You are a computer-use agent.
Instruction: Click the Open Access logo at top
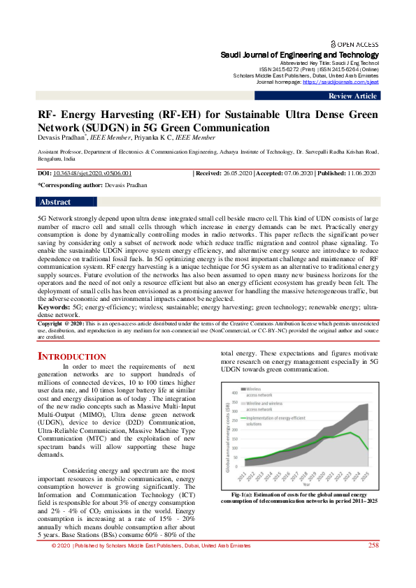click(x=354, y=43)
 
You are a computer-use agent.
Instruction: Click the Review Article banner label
click(x=352, y=96)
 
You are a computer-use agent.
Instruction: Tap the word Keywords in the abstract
click(x=53, y=306)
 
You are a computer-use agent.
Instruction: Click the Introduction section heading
click(x=71, y=357)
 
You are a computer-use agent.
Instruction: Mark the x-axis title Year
click(x=305, y=483)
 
